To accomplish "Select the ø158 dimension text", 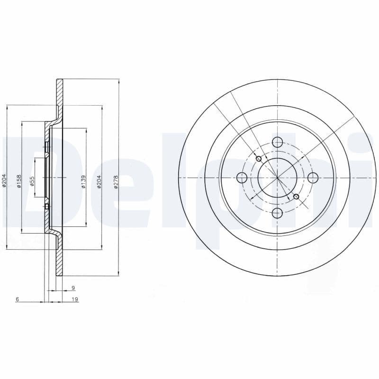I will (19, 181).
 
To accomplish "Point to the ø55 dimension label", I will (32, 181).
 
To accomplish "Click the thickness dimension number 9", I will (73, 288).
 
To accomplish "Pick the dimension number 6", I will (17, 299).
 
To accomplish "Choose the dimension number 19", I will (75, 299).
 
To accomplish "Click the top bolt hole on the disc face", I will (278, 142).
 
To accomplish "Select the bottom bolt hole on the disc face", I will (278, 213).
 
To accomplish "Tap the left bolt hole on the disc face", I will (242, 178).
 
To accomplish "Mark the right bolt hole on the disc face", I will (313, 178).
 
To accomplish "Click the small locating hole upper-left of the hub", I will (259, 159).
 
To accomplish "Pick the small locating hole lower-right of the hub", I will (297, 196).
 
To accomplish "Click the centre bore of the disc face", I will (278, 178).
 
